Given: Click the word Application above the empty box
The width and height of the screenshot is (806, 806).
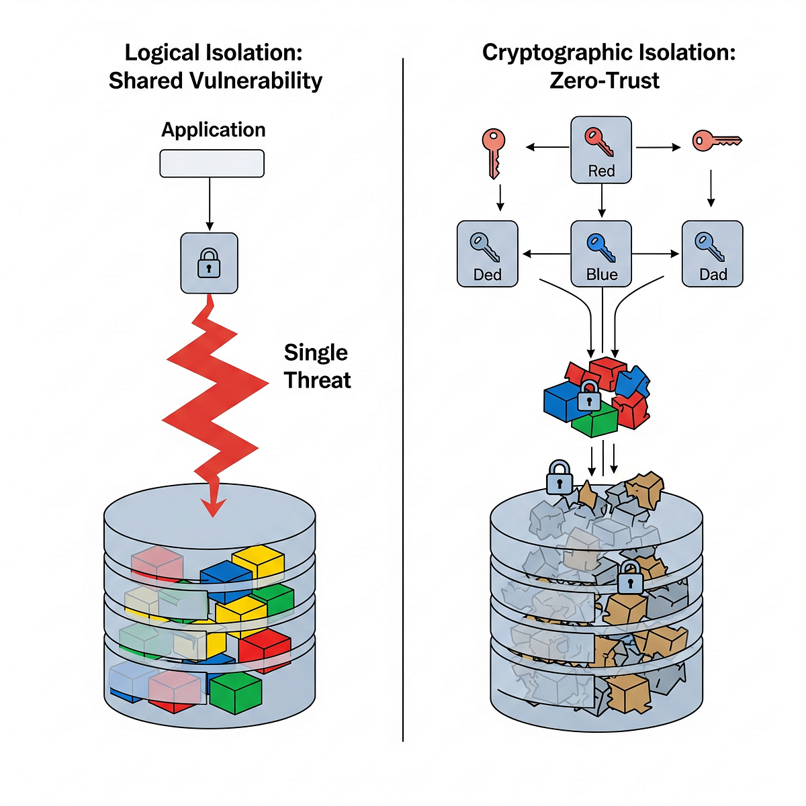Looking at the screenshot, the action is (214, 130).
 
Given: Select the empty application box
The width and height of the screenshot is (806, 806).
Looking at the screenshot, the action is (212, 163).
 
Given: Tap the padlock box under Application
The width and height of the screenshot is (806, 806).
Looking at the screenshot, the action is (209, 263).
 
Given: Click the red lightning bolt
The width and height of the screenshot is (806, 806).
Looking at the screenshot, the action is (214, 405).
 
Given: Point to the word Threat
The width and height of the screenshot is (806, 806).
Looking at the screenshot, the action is (318, 380).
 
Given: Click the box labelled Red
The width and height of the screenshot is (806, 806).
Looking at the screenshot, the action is (601, 150).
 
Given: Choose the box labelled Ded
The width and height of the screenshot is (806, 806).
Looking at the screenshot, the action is (487, 254).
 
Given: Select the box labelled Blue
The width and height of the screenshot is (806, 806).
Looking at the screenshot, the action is (601, 254).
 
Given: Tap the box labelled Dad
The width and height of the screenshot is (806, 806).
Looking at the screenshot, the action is (713, 254).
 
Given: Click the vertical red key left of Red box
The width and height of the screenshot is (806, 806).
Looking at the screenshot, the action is (494, 154).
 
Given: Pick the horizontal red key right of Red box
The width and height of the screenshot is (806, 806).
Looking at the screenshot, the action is (717, 140).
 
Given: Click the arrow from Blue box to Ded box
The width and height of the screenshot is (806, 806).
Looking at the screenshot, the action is (547, 253).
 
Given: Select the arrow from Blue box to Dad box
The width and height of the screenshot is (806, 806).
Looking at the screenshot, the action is (655, 253).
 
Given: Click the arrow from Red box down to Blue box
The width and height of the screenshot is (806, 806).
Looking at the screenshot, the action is (601, 200).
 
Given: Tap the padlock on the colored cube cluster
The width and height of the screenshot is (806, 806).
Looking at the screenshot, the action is (588, 395).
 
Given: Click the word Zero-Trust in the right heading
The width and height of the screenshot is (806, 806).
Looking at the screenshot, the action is (604, 81).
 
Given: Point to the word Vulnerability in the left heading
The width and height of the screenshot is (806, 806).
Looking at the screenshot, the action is (257, 81).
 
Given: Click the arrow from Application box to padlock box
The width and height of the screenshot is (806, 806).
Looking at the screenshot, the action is (210, 204).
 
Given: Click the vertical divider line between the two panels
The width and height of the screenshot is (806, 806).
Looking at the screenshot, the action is (403, 400).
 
